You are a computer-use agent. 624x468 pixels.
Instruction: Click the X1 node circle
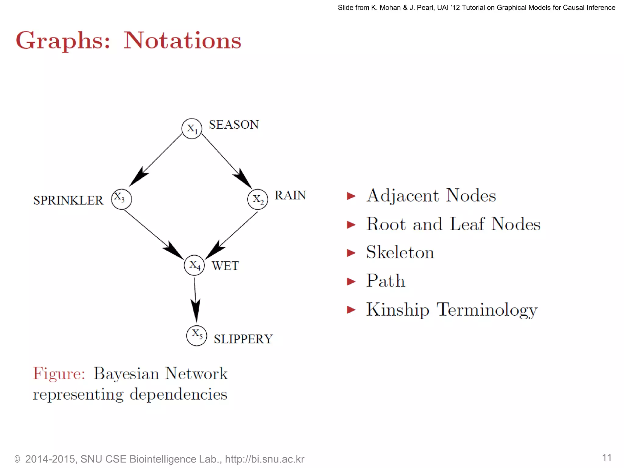192,129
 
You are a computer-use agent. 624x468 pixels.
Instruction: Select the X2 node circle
257,199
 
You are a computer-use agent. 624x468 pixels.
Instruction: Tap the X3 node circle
122,199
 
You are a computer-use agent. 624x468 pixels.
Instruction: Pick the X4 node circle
194,265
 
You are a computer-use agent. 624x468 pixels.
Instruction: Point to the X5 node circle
197,335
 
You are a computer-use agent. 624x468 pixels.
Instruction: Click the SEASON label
234,125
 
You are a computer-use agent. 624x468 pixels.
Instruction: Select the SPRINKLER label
68,200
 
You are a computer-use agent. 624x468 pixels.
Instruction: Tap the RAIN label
290,195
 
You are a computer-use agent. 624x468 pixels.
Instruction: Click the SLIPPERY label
243,339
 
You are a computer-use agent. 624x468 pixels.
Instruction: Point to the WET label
225,266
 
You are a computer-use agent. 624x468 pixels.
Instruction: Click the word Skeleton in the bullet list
400,252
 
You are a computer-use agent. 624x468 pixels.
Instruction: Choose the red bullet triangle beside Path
351,281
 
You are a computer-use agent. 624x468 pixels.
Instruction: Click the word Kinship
398,310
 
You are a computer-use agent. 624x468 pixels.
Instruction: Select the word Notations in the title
182,41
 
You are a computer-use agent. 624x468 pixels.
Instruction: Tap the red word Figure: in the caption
59,374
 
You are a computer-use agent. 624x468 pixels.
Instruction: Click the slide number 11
606,458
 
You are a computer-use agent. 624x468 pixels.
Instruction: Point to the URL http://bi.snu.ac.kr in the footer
264,459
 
